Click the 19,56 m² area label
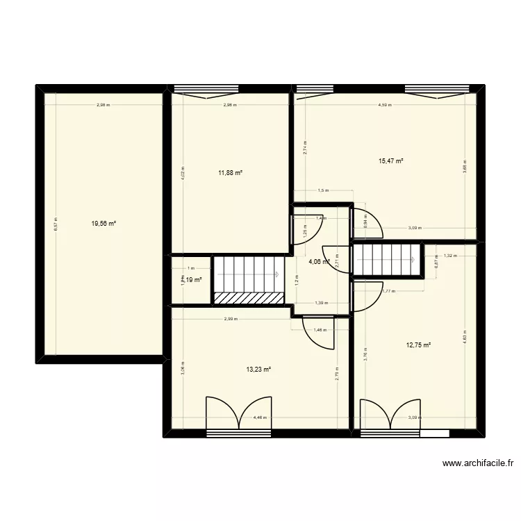point(104,224)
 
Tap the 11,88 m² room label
point(230,173)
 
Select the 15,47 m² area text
point(390,161)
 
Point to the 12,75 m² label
point(418,345)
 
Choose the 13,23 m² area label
point(258,370)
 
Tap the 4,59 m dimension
point(384,106)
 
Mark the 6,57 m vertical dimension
point(56,224)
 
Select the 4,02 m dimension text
point(183,173)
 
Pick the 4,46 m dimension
point(258,417)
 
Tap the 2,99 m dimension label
point(231,320)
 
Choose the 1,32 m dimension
point(450,256)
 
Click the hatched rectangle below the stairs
point(249,297)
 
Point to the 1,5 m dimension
point(322,191)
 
